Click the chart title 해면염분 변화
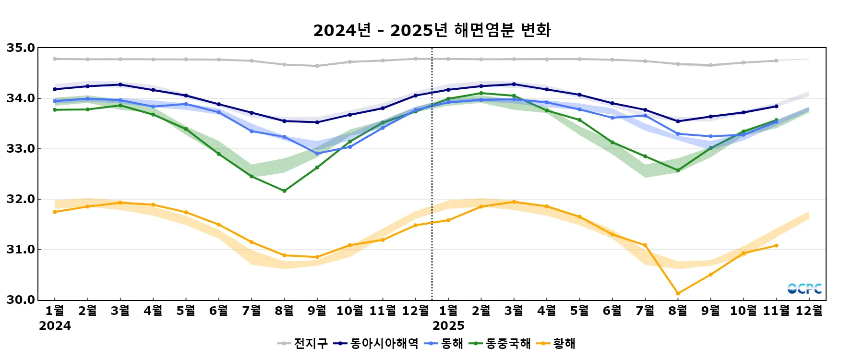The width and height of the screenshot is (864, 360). pyautogui.click(x=432, y=30)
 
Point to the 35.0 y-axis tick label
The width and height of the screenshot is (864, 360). pyautogui.click(x=21, y=48)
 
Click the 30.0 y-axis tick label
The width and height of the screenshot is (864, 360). pyautogui.click(x=21, y=300)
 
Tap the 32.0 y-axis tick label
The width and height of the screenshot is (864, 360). pyautogui.click(x=21, y=199)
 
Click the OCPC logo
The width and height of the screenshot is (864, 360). pyautogui.click(x=804, y=288)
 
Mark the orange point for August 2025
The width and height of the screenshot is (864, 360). pyautogui.click(x=678, y=293)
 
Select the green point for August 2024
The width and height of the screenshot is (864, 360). pyautogui.click(x=284, y=191)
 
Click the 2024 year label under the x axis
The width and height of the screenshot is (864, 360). pyautogui.click(x=55, y=326)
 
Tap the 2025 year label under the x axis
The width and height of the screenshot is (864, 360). pyautogui.click(x=448, y=326)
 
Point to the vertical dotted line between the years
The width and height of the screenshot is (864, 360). pyautogui.click(x=432, y=173)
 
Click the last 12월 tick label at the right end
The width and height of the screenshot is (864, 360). pyautogui.click(x=809, y=311)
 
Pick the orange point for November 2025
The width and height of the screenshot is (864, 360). pyautogui.click(x=776, y=246)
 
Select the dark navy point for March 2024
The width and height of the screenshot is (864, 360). pyautogui.click(x=120, y=84)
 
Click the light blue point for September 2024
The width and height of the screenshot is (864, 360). pyautogui.click(x=317, y=154)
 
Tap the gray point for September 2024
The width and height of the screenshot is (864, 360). pyautogui.click(x=317, y=66)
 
